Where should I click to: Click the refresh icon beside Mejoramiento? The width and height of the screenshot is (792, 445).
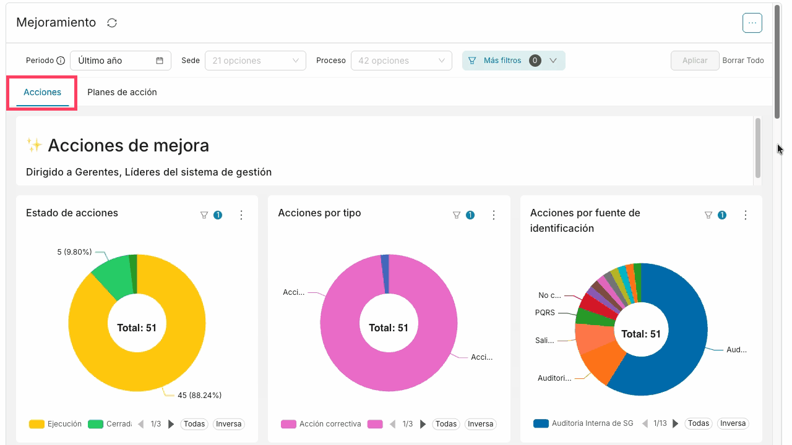[x=112, y=23]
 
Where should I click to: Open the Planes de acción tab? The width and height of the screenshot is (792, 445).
[x=122, y=92]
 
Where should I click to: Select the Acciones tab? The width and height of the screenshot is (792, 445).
[x=43, y=92]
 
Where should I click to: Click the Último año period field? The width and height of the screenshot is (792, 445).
[x=121, y=61]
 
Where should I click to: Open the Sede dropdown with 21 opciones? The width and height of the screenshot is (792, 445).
[x=256, y=61]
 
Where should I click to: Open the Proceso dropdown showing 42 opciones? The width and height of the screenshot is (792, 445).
[x=402, y=61]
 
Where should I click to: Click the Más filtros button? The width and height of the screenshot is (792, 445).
[x=514, y=61]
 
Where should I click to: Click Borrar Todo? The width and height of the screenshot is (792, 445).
[x=743, y=61]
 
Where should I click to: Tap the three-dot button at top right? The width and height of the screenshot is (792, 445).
[x=752, y=23]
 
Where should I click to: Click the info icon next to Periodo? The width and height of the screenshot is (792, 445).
[x=61, y=61]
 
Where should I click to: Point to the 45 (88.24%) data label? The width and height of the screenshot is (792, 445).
[x=199, y=395]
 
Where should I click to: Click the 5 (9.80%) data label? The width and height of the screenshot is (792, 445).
[x=74, y=252]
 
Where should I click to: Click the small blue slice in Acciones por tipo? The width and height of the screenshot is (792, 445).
[x=385, y=274]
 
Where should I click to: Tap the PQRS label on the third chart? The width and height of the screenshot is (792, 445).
[x=545, y=313]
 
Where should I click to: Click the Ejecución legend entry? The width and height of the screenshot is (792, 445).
[x=55, y=424]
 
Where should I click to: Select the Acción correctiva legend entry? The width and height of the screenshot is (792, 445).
[x=321, y=424]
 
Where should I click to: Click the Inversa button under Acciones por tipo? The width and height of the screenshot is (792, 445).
[x=480, y=424]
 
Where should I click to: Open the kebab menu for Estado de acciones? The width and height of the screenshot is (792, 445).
[x=241, y=215]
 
